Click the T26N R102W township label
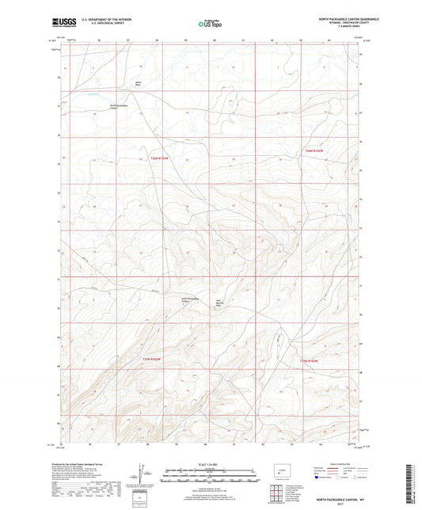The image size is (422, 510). pyautogui.click(x=314, y=150)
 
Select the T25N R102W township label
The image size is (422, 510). pyautogui.click(x=309, y=361)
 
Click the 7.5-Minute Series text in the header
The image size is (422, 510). pyautogui.click(x=342, y=29)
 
